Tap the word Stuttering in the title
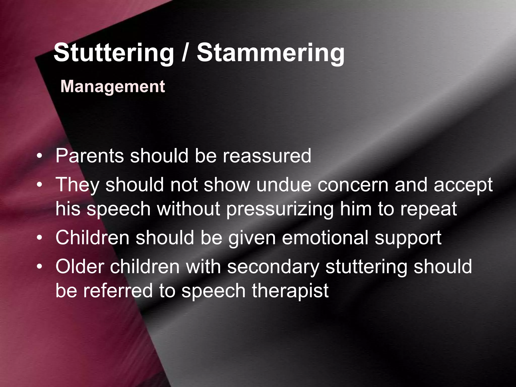point(114,53)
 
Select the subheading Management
point(113,86)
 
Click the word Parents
point(90,156)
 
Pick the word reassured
point(267,156)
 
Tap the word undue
point(284,185)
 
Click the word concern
point(353,185)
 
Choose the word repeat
point(429,209)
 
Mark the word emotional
point(326,238)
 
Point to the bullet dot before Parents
point(39,156)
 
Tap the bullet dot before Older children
point(39,267)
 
